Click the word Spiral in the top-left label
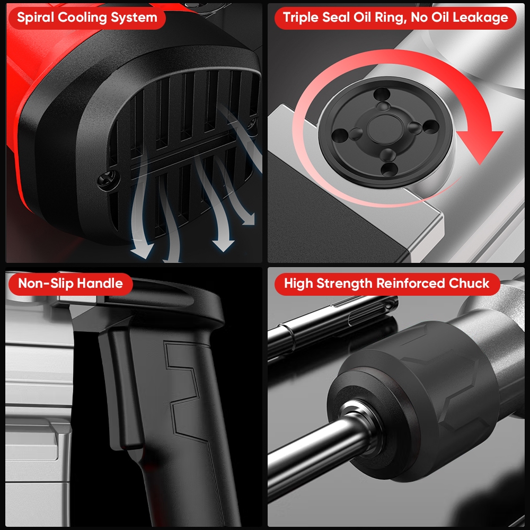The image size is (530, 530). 36,17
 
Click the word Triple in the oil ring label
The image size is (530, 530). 301,17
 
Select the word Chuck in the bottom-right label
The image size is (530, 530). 469,283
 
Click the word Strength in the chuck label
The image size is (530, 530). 344,283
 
